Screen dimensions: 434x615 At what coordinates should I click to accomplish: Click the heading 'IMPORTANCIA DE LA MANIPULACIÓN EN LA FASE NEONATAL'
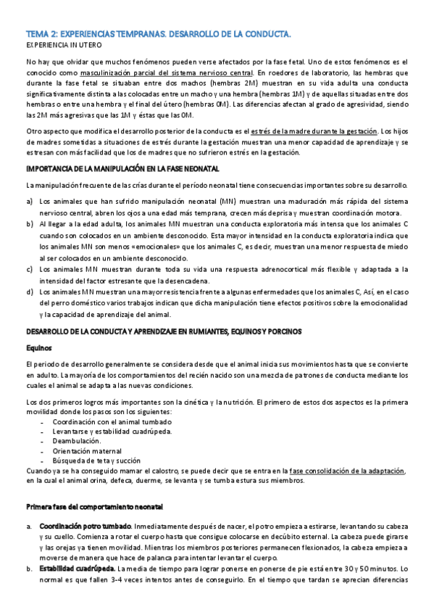(122, 168)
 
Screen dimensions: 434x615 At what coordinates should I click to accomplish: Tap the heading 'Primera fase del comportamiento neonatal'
(95, 505)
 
